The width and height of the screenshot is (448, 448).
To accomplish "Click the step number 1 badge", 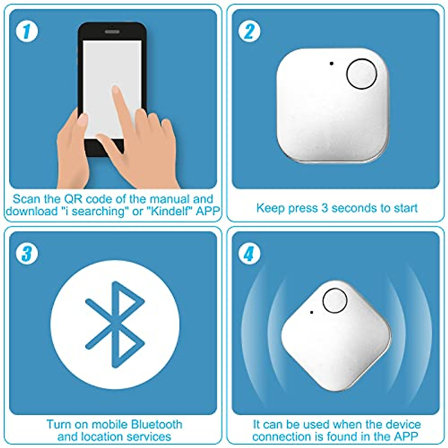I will coord(27,32).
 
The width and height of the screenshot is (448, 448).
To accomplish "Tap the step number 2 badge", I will coord(249,32).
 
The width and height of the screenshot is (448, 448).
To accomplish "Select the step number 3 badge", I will coord(27,254).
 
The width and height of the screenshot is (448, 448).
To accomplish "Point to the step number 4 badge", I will coord(249,254).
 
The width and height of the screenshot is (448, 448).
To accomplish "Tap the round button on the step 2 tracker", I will coord(362,74).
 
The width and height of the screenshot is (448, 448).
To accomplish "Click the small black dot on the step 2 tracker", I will coord(332,63).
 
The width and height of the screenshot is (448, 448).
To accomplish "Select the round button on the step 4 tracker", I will coord(335,301).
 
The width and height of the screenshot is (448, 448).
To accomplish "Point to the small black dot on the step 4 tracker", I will coord(312,312).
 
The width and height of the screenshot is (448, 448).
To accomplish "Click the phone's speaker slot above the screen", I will coord(112,32).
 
